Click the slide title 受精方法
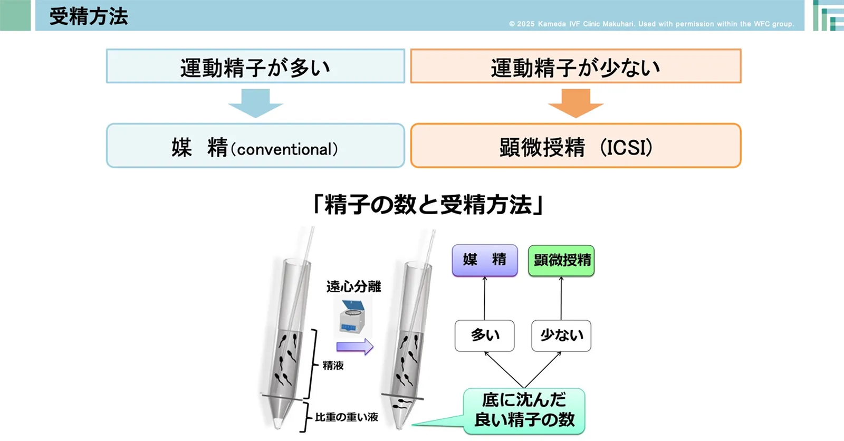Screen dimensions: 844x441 (89, 16)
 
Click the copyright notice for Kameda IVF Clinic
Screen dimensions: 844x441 (651, 24)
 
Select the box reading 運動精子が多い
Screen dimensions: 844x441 (255, 66)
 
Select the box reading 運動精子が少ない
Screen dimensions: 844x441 (576, 66)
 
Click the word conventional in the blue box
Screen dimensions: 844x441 (284, 150)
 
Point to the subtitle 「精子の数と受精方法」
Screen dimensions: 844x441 (428, 205)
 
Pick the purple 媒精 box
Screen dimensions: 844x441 (485, 260)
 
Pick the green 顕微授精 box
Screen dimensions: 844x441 (561, 261)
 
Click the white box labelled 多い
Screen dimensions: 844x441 (485, 335)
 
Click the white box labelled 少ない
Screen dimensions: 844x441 (561, 335)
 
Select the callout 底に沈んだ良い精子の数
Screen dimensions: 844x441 (524, 411)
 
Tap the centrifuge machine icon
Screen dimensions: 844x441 (352, 317)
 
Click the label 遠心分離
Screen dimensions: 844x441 (353, 286)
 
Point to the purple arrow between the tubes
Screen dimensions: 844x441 (354, 347)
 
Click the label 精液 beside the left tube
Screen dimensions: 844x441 (333, 365)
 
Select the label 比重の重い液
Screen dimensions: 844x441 (347, 417)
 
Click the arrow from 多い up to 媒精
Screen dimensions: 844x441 (485, 298)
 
